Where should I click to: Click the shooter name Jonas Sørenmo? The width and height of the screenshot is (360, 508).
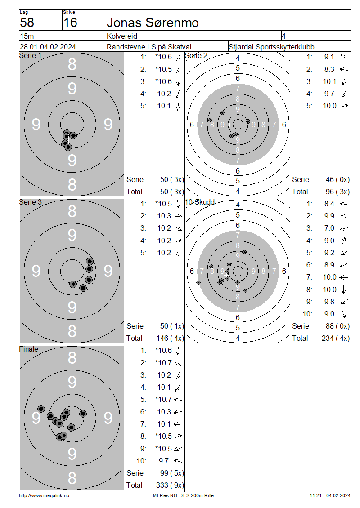(153, 22)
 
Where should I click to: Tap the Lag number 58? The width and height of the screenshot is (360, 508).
(27, 22)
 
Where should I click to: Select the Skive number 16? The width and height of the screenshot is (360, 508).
(70, 22)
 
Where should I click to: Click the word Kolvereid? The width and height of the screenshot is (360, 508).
(122, 36)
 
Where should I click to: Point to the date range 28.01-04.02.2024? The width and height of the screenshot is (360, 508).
(48, 47)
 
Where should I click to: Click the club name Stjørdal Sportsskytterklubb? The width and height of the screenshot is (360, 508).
(271, 47)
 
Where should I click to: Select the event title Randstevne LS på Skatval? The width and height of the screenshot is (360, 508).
(149, 47)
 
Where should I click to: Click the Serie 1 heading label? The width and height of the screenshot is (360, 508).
(31, 55)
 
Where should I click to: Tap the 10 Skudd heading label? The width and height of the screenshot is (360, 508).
(200, 202)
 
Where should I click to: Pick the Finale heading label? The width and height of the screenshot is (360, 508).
(28, 349)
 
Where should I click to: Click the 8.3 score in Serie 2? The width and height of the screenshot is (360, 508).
(329, 69)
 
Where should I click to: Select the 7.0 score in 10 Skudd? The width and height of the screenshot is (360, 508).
(329, 228)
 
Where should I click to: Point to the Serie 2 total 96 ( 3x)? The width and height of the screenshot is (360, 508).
(337, 192)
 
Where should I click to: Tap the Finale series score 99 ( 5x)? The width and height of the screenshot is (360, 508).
(172, 473)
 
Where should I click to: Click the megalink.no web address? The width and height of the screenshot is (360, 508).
(44, 495)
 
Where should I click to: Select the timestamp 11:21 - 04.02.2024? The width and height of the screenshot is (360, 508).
(330, 495)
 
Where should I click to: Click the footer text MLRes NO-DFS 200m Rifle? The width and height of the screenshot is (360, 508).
(183, 495)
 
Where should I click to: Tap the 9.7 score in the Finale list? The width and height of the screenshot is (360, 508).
(164, 461)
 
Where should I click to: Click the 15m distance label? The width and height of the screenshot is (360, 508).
(27, 36)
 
